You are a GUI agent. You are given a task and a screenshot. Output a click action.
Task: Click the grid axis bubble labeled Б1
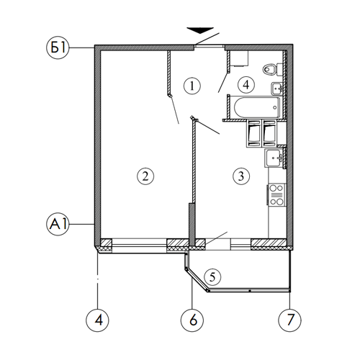pos(58,48)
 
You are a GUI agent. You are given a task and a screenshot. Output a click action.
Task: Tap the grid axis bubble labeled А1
pos(58,224)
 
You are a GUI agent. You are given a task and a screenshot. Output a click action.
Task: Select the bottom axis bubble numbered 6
pos(192,320)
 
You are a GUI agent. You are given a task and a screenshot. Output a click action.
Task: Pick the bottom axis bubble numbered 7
pos(289,320)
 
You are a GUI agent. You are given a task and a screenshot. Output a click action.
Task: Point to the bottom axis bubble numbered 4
pos(97,320)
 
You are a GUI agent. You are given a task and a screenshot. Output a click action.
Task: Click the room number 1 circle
pos(192,86)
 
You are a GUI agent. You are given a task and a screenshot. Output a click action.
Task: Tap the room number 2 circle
pos(145,176)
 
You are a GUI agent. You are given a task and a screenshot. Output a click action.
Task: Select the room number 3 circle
pos(241,176)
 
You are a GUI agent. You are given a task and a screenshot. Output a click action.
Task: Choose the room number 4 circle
pos(246,84)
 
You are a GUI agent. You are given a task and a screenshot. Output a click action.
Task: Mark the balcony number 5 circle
pos(212,277)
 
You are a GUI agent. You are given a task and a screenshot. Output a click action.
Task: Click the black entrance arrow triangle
pos(200,30)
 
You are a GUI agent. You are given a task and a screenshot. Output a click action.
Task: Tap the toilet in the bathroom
pos(273,69)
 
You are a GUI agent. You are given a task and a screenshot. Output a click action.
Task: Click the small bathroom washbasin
pos(277,89)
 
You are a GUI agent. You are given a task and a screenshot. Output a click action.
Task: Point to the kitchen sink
pos(274,158)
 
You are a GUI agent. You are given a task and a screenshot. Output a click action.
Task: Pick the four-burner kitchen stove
pos(276,194)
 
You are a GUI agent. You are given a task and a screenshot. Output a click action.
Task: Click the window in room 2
pos(139,246)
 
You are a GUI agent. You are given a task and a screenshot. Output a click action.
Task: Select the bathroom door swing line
pos(223,82)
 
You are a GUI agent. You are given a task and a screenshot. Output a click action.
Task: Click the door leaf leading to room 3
pos(208,127)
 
